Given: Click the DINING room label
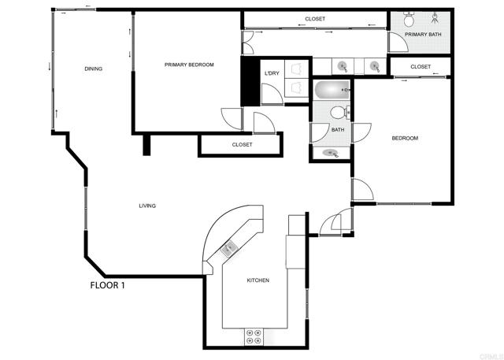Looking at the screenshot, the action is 93,69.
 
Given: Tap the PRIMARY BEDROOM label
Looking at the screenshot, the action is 189,65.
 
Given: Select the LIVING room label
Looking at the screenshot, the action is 147,206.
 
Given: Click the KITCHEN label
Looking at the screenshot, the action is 258,280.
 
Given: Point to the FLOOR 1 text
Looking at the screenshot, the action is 107,285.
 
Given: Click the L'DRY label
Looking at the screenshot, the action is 272,73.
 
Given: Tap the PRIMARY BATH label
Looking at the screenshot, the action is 423,35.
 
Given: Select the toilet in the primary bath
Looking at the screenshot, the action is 409,19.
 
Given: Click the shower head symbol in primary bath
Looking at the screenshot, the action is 435,17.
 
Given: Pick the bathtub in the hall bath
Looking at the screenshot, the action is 332,91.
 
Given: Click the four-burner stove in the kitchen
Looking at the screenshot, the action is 254,337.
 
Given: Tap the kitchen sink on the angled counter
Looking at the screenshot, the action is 229,248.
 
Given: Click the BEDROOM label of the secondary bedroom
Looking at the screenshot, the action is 405,138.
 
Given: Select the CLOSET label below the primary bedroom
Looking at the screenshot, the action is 242,145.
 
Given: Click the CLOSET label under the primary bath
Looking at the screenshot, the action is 421,66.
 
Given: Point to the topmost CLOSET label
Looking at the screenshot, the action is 315,19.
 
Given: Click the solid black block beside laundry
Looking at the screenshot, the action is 250,81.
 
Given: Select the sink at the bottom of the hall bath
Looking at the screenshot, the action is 331,152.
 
